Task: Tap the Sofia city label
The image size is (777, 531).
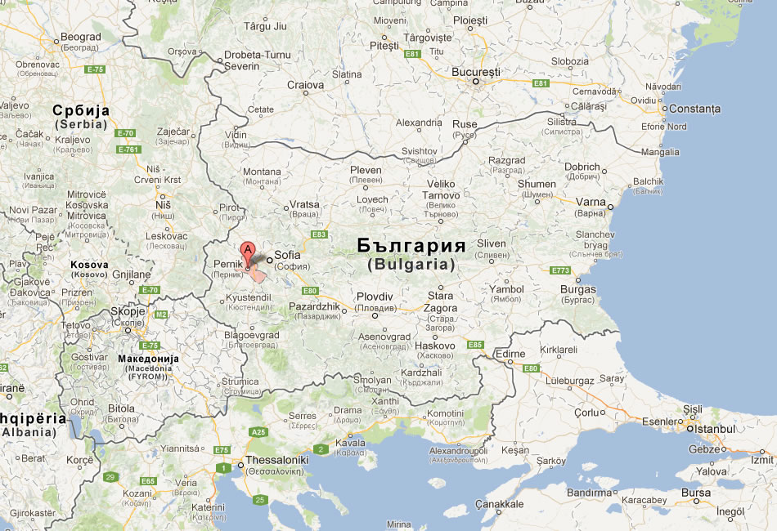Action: (x=288, y=255)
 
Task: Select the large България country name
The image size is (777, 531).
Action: (x=411, y=246)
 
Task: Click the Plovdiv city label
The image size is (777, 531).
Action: (x=375, y=297)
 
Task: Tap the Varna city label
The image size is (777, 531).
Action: (x=590, y=202)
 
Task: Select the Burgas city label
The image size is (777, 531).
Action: (x=578, y=289)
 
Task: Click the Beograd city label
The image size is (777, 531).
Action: (x=81, y=37)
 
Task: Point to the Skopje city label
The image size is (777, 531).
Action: (x=127, y=311)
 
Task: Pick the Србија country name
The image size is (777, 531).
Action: (x=81, y=110)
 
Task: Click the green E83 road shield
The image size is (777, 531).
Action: (x=319, y=234)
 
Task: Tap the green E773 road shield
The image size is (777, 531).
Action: (x=560, y=270)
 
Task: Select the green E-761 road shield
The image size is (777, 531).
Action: (x=128, y=149)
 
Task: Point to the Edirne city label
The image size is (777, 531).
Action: (x=512, y=353)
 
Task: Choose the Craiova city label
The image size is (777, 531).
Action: (x=305, y=85)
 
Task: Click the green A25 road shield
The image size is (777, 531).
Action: (x=258, y=431)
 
